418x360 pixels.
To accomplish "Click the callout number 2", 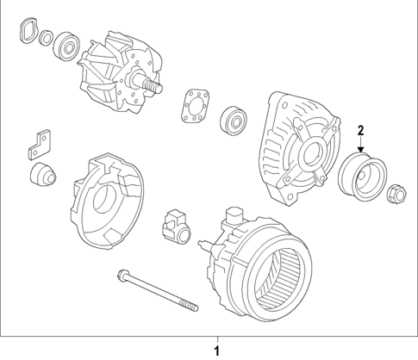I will coord(362,131).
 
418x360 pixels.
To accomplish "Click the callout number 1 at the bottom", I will coord(217,350).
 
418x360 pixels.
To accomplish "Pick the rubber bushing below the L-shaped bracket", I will coord(43,177).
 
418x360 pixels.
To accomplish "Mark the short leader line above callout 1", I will coord(217,338).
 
